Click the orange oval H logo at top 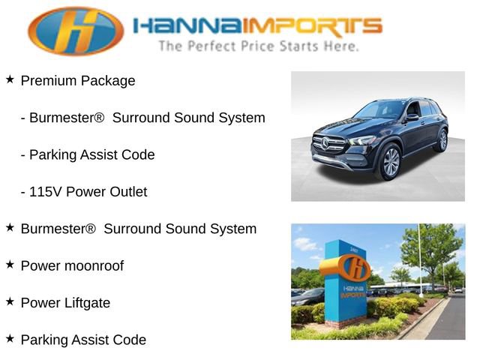tap(76, 31)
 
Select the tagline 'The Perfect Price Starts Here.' tap(258, 46)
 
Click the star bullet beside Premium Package tap(10, 79)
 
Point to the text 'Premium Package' tap(78, 81)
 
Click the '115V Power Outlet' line tap(84, 192)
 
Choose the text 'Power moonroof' tap(72, 266)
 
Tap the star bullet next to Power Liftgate tap(10, 301)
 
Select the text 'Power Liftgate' tap(65, 303)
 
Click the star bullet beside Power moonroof tap(10, 265)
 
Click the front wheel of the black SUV tap(391, 162)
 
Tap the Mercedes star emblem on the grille tap(326, 142)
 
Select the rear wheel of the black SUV tap(442, 140)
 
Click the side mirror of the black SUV tap(412, 118)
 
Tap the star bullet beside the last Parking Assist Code tap(10, 338)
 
